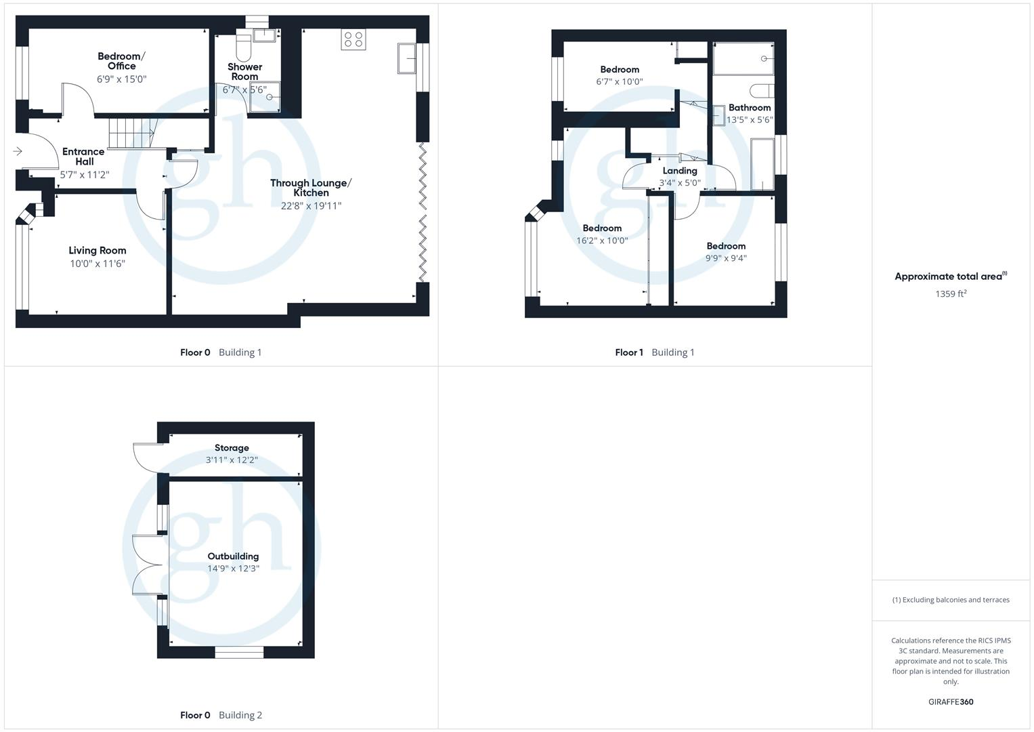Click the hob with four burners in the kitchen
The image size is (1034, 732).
point(353,39)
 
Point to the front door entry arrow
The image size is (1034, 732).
point(18,152)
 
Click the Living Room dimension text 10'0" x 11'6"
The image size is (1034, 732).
point(98,264)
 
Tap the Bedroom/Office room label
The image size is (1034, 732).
point(121,61)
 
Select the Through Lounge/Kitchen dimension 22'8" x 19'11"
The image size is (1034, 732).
point(311,205)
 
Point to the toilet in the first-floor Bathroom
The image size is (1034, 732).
point(761,91)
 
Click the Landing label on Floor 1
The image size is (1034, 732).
point(679,171)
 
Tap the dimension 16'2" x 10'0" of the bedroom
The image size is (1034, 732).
point(602,241)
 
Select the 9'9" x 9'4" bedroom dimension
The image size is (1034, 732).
point(726,258)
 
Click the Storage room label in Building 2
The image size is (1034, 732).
point(232,448)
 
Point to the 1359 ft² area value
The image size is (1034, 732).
point(950,293)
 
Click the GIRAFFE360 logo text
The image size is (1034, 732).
point(950,702)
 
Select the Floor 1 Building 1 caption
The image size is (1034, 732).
point(654,352)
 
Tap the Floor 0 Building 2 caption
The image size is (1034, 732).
point(221,715)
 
